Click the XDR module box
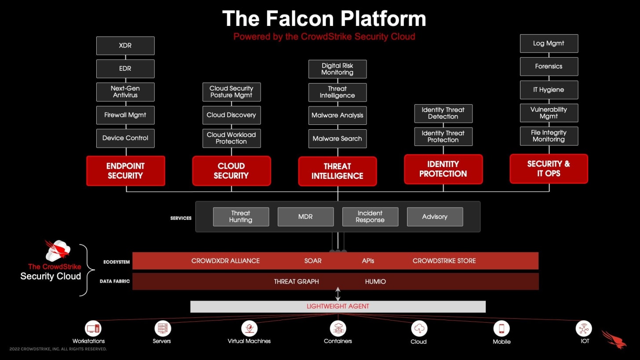pyautogui.click(x=125, y=46)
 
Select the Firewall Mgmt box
pyautogui.click(x=125, y=115)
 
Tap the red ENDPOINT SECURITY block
pyautogui.click(x=126, y=171)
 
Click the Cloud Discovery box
pyautogui.click(x=231, y=115)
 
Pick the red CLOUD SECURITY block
pyautogui.click(x=231, y=171)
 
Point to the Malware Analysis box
pyautogui.click(x=337, y=116)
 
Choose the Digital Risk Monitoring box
pyautogui.click(x=337, y=69)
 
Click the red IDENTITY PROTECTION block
pyautogui.click(x=443, y=169)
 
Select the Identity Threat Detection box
pyautogui.click(x=443, y=113)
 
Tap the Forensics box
pyautogui.click(x=549, y=66)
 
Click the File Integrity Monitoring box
pyautogui.click(x=549, y=136)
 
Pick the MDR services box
pyautogui.click(x=305, y=217)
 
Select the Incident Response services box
pyautogui.click(x=370, y=217)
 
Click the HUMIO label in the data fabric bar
pyautogui.click(x=375, y=281)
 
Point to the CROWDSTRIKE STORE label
pyautogui.click(x=444, y=261)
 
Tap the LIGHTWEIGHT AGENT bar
pyautogui.click(x=338, y=306)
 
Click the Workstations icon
pyautogui.click(x=93, y=328)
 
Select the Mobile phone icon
pyautogui.click(x=501, y=328)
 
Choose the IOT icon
pyautogui.click(x=584, y=328)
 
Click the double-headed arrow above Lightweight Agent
pyautogui.click(x=338, y=294)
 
